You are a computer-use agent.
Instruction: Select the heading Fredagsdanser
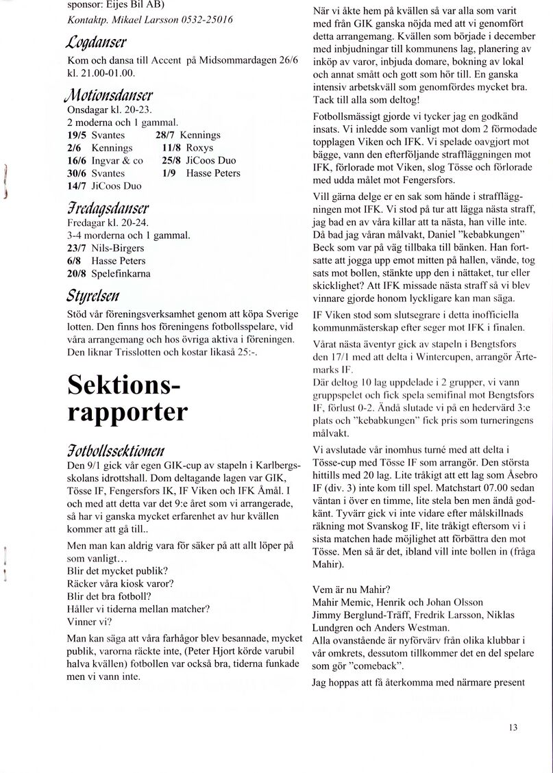click(108, 208)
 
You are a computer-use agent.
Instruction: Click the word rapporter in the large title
click(127, 412)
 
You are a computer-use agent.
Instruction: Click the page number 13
click(513, 727)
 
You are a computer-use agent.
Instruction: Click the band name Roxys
click(199, 148)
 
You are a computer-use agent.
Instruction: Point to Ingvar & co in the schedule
click(117, 160)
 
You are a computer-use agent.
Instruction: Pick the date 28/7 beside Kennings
click(167, 135)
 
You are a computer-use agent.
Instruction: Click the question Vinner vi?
click(89, 622)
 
